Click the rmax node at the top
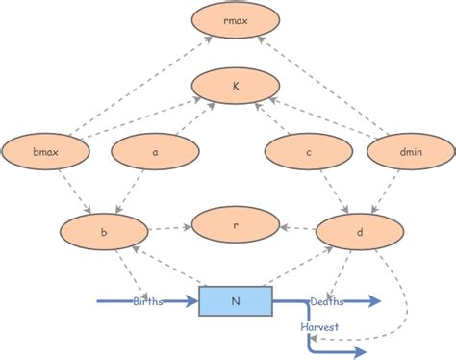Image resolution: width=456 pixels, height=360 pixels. tap(236, 20)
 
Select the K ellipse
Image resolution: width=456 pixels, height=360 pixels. tap(236, 86)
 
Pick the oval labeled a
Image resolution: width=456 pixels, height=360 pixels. tap(155, 150)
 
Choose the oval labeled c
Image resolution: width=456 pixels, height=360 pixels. tap(309, 150)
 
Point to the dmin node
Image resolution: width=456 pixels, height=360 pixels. tap(411, 150)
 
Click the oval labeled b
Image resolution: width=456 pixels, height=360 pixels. tap(104, 231)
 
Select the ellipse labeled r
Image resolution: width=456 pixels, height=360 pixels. tap(236, 223)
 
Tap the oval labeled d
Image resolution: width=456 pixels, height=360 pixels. tap(359, 231)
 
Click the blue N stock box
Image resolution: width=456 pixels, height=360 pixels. tap(236, 301)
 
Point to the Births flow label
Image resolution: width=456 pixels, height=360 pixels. tap(148, 301)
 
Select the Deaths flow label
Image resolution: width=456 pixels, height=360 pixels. tap(327, 301)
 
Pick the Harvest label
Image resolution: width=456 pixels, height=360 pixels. tap(318, 327)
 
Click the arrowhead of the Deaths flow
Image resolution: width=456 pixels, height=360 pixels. tap(376, 301)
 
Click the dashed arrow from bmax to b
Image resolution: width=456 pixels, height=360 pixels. tap(75, 191)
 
